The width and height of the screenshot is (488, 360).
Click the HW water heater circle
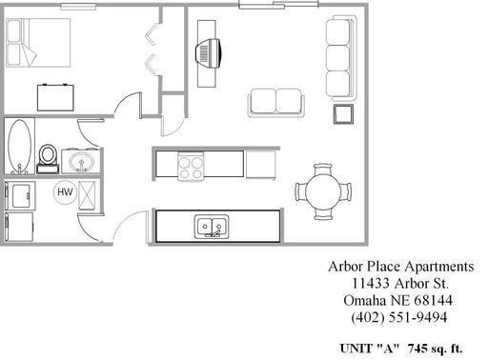point(65,192)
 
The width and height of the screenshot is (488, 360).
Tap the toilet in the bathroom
point(48,156)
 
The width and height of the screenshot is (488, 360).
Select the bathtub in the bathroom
point(20,148)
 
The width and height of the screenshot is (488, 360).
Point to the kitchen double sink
point(211,227)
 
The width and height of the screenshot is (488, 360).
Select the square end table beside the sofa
point(342,114)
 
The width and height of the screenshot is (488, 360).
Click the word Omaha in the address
point(363,300)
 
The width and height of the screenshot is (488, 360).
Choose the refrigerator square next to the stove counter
point(260,165)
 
